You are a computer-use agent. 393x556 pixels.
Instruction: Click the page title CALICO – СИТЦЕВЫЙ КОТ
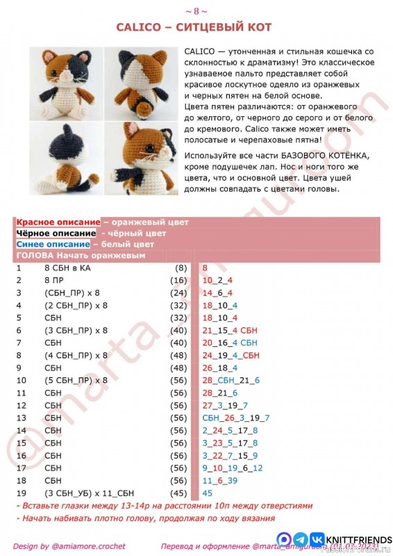pyautogui.click(x=194, y=27)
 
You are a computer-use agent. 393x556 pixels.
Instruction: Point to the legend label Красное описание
pyautogui.click(x=58, y=222)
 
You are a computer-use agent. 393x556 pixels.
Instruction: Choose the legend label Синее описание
pyautogui.click(x=53, y=245)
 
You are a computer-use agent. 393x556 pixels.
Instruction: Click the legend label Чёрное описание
pyautogui.click(x=56, y=234)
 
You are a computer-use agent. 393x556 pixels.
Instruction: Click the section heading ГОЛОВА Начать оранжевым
pyautogui.click(x=81, y=256)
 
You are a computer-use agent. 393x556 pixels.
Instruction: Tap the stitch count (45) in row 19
pyautogui.click(x=178, y=493)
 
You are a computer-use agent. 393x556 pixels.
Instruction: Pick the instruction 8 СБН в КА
pyautogui.click(x=67, y=268)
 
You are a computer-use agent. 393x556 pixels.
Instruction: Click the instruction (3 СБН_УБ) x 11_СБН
pyautogui.click(x=90, y=493)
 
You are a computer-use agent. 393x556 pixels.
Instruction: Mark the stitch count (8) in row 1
pyautogui.click(x=181, y=268)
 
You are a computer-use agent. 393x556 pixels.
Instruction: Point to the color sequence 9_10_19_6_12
pyautogui.click(x=233, y=468)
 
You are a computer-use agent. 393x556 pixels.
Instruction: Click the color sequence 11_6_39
pyautogui.click(x=220, y=480)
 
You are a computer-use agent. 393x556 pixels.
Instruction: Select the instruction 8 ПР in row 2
pyautogui.click(x=55, y=280)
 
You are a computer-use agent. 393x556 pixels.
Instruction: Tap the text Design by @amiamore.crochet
pyautogui.click(x=69, y=546)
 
